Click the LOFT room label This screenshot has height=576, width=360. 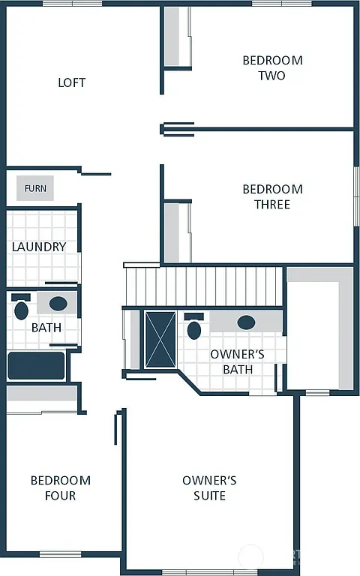click(x=72, y=82)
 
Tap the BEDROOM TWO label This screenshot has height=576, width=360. click(x=272, y=67)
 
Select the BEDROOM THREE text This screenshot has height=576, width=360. click(x=272, y=196)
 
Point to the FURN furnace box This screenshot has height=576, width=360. click(x=34, y=188)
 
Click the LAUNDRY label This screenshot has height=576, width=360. click(x=39, y=247)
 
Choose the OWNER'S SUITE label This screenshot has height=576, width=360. click(x=209, y=487)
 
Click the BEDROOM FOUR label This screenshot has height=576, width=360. click(x=60, y=487)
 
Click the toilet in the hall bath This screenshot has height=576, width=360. click(x=21, y=309)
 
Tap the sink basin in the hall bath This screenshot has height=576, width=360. click(x=58, y=304)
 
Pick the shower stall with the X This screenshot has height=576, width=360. click(x=160, y=339)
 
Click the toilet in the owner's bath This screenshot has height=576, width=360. click(x=195, y=328)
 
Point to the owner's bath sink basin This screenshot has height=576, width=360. click(x=246, y=322)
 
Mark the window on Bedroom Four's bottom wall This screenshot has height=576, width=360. click(x=60, y=554)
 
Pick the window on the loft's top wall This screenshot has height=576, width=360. click(x=72, y=4)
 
